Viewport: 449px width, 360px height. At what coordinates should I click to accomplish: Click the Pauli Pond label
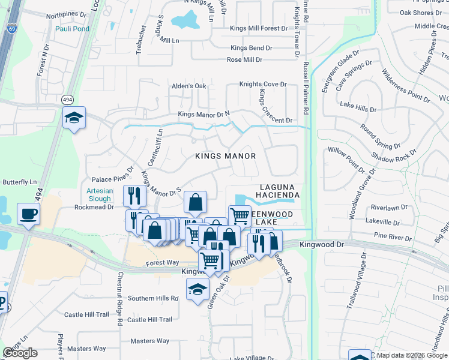tap(72, 29)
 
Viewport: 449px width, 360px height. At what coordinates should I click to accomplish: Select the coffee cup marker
tap(28, 214)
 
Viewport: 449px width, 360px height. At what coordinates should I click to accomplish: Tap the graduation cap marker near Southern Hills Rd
tap(198, 290)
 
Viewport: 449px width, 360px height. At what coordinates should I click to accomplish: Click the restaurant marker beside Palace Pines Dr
tap(134, 196)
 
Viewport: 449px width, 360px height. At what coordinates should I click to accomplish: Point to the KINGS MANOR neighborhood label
tap(226, 156)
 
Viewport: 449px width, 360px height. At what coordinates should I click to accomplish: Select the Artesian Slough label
tap(95, 194)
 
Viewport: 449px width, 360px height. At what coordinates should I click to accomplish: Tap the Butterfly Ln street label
tap(20, 182)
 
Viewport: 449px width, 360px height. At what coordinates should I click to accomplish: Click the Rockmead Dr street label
tap(94, 207)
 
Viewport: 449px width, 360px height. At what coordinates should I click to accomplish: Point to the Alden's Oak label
tap(189, 86)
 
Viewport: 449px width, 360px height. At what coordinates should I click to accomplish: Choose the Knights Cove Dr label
tap(263, 84)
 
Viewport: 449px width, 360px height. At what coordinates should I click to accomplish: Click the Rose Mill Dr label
tap(244, 60)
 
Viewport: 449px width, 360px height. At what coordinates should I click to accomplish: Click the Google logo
tap(20, 353)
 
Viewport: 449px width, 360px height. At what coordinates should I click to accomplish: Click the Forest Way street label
tap(163, 262)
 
